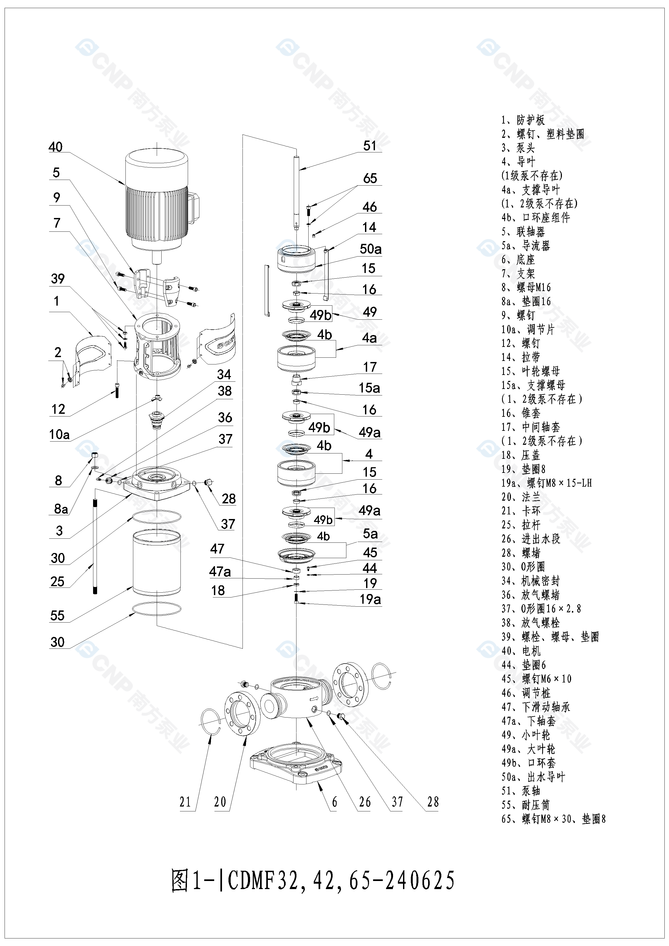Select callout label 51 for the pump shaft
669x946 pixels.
tap(370, 146)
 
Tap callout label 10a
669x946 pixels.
tap(59, 434)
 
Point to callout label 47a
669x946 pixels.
tap(220, 572)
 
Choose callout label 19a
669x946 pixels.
tap(370, 599)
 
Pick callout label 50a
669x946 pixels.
tap(370, 249)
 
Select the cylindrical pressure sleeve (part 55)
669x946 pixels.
tap(156, 562)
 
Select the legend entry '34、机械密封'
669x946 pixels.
tap(530, 581)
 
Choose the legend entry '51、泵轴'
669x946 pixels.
tap(521, 791)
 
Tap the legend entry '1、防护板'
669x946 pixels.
tap(523, 120)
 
